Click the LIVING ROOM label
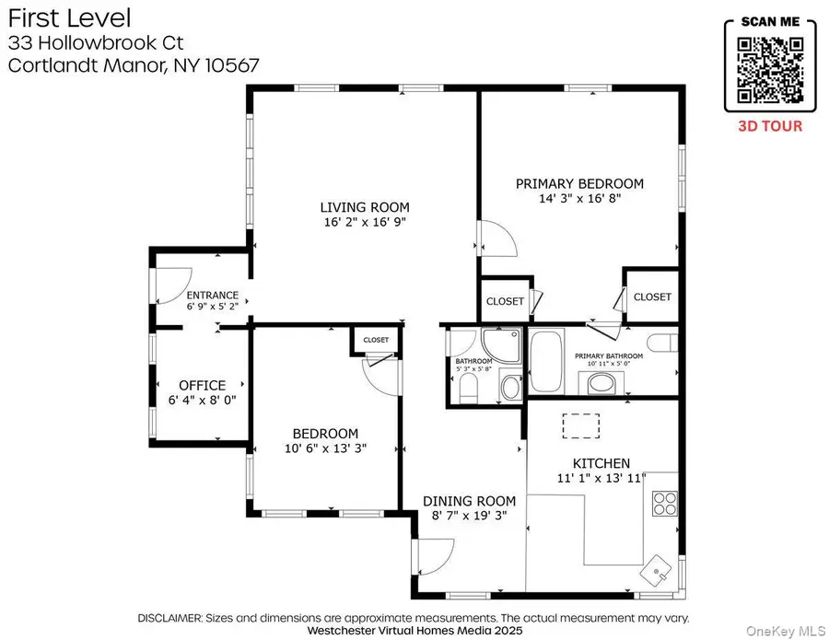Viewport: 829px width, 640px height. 364,207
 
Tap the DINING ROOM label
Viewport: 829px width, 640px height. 469,501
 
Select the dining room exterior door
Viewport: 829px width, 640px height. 435,556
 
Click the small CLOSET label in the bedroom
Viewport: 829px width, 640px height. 375,340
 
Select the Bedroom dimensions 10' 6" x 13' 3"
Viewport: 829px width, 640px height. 325,448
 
